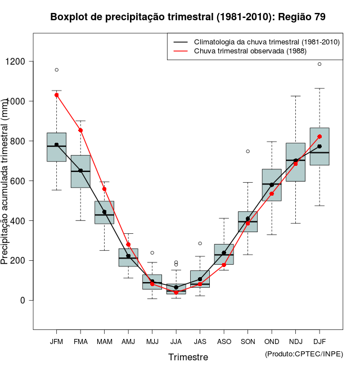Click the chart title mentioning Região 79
pyautogui.click(x=188, y=17)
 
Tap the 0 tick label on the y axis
pyautogui.click(x=22, y=300)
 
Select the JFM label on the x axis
pyautogui.click(x=56, y=341)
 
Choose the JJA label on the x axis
pyautogui.click(x=176, y=341)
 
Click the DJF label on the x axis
pyautogui.click(x=319, y=341)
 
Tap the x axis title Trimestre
pyautogui.click(x=188, y=357)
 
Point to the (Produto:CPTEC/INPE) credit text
pyautogui.click(x=304, y=354)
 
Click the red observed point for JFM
pyautogui.click(x=57, y=95)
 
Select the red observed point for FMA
pyautogui.click(x=80, y=130)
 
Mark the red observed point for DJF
pyautogui.click(x=319, y=136)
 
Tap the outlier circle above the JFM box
pyautogui.click(x=57, y=70)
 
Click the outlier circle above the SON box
pyautogui.click(x=247, y=151)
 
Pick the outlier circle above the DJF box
pyautogui.click(x=319, y=64)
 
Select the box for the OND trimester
pyautogui.click(x=272, y=184)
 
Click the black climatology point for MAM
pyautogui.click(x=104, y=212)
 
